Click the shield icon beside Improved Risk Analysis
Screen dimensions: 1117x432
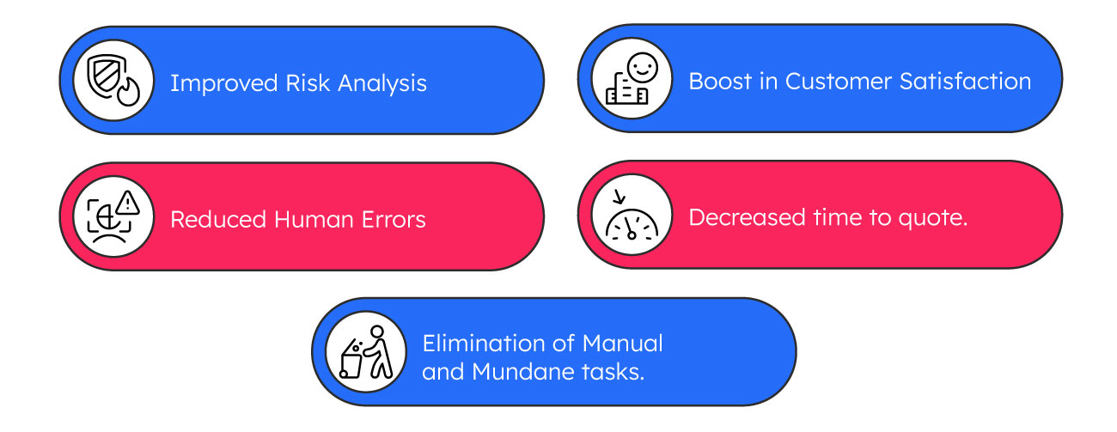coord(105,74)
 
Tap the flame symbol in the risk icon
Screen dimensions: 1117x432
coord(129,92)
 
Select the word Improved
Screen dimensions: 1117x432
coord(224,83)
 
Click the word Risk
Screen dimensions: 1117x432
coord(308,82)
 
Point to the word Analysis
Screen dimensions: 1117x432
coord(382,83)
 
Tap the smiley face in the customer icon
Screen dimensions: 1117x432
coord(643,67)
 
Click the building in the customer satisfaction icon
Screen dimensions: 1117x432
coord(626,89)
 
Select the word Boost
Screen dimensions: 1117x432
coord(720,82)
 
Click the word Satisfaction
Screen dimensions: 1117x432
coord(966,82)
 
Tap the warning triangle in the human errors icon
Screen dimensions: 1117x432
coord(128,203)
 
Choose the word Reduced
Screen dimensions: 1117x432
coord(218,220)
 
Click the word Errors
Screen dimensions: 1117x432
coord(394,220)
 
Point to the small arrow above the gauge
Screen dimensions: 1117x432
coord(619,198)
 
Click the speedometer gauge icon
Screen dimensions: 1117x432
coord(632,224)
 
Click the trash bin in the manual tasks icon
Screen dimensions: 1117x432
coord(351,360)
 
